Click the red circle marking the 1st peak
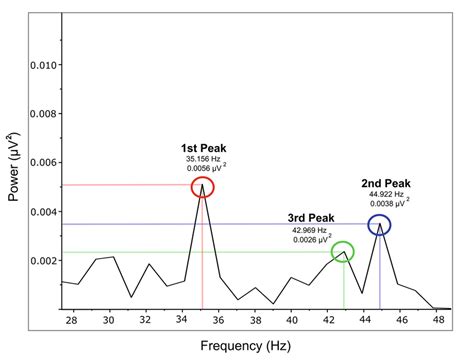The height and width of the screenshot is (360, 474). pyautogui.click(x=202, y=186)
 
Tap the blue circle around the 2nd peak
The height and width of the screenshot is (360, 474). pyautogui.click(x=379, y=225)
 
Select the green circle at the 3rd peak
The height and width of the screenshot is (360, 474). pyautogui.click(x=343, y=252)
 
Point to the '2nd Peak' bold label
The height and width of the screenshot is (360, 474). pyautogui.click(x=386, y=183)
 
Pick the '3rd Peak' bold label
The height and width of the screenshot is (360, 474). pyautogui.click(x=309, y=217)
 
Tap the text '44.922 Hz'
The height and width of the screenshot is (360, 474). pyautogui.click(x=387, y=195)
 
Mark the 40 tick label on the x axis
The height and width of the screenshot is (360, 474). pyautogui.click(x=292, y=321)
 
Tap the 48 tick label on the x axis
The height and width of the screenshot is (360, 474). pyautogui.click(x=438, y=321)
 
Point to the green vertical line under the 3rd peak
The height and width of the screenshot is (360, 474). pyautogui.click(x=344, y=285)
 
